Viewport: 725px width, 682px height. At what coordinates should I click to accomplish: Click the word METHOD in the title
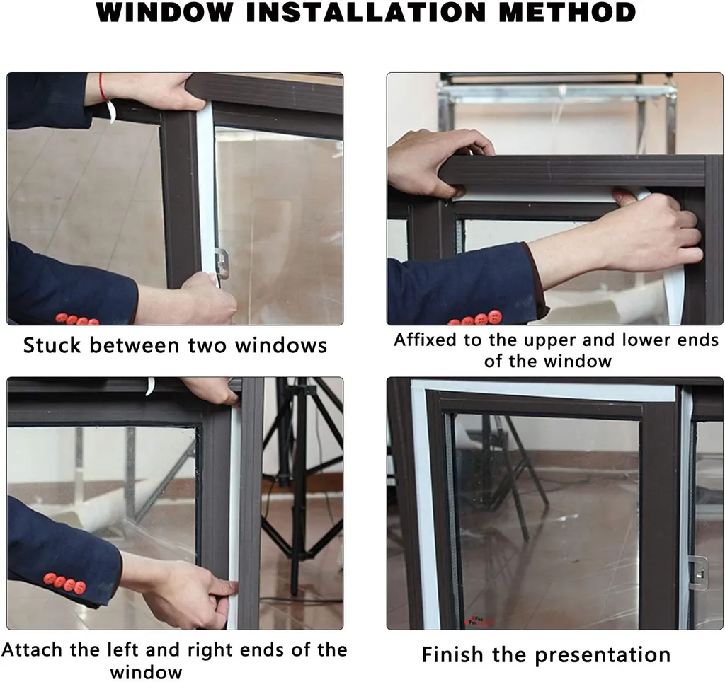click(567, 12)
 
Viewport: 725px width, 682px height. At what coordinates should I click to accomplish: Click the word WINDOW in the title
click(164, 12)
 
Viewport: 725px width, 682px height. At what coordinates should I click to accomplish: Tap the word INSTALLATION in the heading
click(366, 12)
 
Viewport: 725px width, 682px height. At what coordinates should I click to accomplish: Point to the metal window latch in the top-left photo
click(221, 263)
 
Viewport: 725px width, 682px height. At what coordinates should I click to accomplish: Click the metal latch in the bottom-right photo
click(698, 573)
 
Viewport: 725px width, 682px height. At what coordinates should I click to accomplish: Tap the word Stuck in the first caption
click(52, 346)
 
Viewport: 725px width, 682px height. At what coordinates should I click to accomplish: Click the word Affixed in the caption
click(426, 340)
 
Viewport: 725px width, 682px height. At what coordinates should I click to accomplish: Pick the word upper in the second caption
click(551, 341)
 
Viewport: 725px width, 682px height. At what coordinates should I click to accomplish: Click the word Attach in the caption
click(32, 649)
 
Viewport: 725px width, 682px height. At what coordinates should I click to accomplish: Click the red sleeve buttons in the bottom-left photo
click(64, 583)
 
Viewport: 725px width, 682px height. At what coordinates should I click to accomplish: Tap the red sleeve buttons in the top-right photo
click(475, 319)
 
